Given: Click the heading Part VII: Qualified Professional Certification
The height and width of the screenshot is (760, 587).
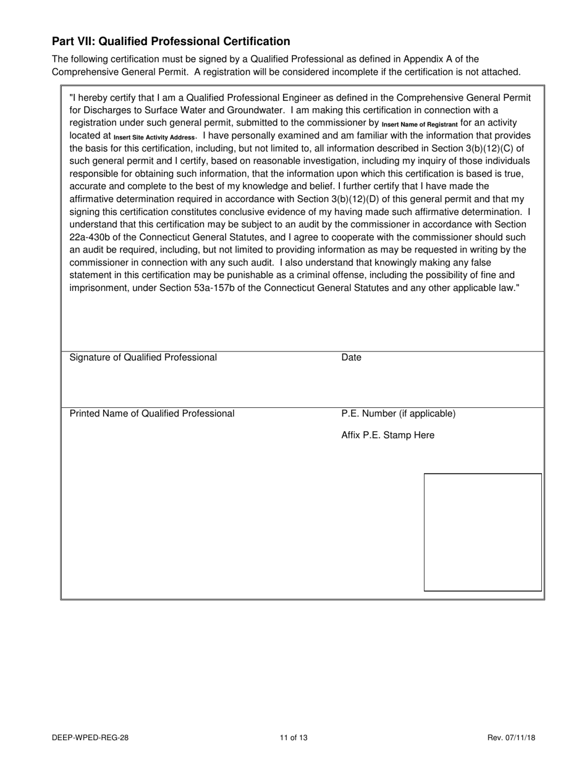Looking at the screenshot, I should [x=171, y=41].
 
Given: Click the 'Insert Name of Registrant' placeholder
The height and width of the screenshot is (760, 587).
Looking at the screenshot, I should [x=420, y=125].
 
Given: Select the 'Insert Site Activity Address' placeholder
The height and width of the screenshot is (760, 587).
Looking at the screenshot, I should [x=154, y=137].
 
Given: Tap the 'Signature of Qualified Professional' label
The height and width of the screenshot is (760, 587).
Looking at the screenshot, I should [x=143, y=358].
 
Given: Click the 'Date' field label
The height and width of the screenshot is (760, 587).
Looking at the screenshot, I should [x=351, y=358].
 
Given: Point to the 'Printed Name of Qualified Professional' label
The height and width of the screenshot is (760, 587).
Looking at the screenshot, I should [x=152, y=413].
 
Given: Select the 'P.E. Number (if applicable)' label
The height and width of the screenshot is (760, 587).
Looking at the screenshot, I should [x=398, y=413].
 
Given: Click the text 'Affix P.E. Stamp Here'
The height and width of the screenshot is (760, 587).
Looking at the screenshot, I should [x=387, y=436].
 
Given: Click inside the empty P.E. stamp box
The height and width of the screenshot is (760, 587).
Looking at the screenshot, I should [x=483, y=532].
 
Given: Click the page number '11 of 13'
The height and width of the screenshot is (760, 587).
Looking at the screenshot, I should [x=293, y=737].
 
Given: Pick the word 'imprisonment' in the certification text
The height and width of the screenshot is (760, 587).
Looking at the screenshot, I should [x=98, y=288].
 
